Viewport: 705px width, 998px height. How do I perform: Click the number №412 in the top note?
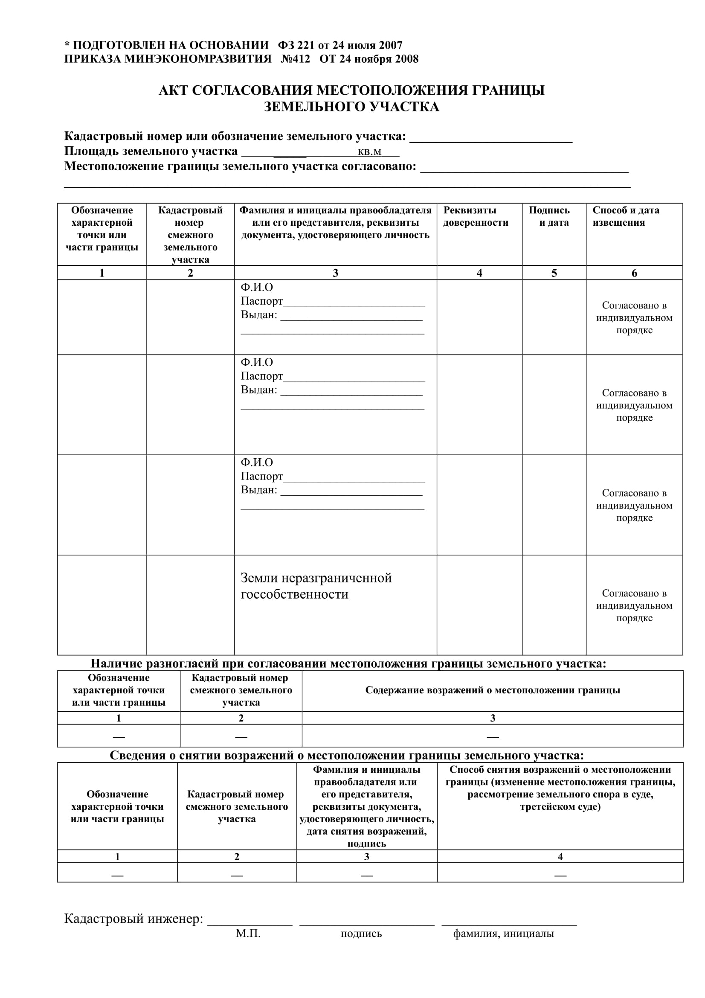[x=296, y=59]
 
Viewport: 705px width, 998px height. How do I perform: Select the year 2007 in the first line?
[x=391, y=45]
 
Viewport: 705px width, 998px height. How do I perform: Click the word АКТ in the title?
[x=173, y=90]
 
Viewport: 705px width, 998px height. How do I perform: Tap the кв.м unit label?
[x=369, y=152]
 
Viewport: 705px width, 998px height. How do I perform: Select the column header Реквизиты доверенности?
[x=475, y=216]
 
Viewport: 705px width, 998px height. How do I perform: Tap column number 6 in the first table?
[x=634, y=273]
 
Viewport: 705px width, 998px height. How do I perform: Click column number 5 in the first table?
[x=554, y=273]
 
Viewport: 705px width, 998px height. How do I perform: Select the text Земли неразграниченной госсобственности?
[x=316, y=585]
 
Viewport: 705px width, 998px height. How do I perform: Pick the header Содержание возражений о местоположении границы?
[x=492, y=690]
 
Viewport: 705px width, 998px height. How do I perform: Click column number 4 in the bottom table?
[x=560, y=857]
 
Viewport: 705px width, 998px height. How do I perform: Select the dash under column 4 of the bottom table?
[x=560, y=875]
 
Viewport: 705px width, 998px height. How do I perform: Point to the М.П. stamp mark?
[x=248, y=934]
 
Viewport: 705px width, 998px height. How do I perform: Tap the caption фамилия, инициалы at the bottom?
[x=503, y=934]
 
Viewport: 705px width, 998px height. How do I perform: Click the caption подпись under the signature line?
[x=361, y=934]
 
